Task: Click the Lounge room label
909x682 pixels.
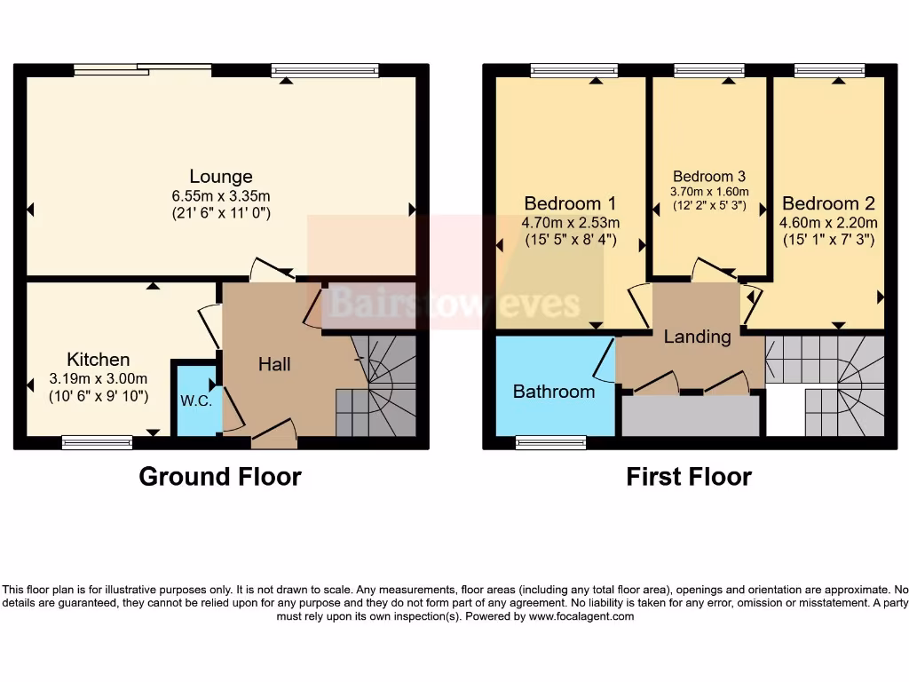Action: [x=220, y=176]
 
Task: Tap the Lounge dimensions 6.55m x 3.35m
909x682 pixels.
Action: [x=220, y=195]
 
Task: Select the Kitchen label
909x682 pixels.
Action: [x=99, y=360]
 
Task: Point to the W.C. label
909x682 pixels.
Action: [x=195, y=400]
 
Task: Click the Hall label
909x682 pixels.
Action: [x=274, y=364]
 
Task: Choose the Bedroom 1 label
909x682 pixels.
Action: [x=570, y=203]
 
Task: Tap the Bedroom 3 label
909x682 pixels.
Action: [x=709, y=177]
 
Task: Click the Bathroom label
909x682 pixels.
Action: [x=554, y=392]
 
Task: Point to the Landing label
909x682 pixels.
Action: [x=698, y=337]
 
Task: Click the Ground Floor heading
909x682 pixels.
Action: [x=220, y=477]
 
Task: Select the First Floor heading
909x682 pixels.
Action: [x=689, y=477]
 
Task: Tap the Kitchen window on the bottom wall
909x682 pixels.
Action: [x=98, y=441]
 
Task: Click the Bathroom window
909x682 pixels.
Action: [x=551, y=441]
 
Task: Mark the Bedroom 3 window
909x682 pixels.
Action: [x=709, y=70]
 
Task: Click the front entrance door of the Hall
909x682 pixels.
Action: [x=273, y=432]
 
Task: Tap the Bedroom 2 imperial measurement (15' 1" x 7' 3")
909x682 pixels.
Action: [x=829, y=240]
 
